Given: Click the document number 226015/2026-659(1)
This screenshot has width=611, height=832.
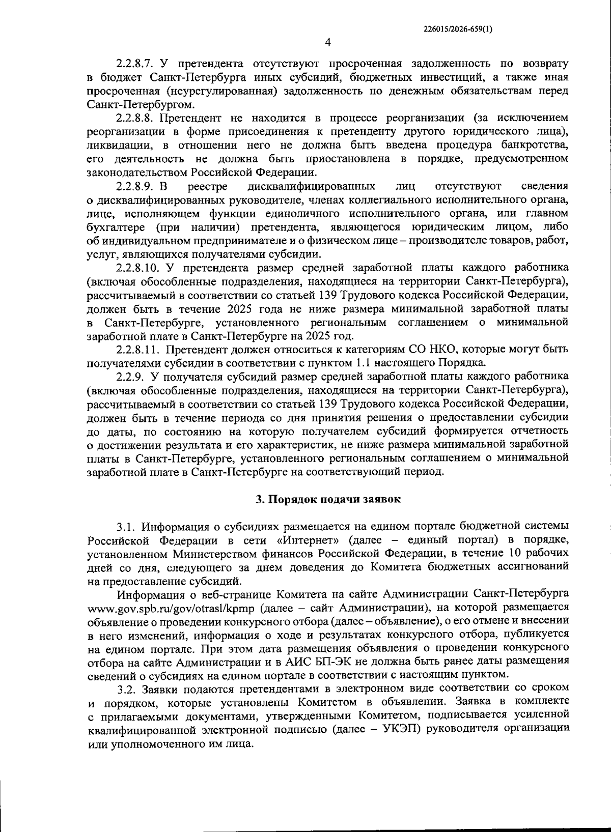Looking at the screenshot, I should (x=458, y=30).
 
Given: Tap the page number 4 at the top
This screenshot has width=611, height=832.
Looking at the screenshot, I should (x=328, y=42).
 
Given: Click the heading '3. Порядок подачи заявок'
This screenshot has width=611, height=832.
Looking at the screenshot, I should (x=328, y=499).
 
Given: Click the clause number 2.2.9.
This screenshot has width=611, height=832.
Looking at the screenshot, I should (x=131, y=377).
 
